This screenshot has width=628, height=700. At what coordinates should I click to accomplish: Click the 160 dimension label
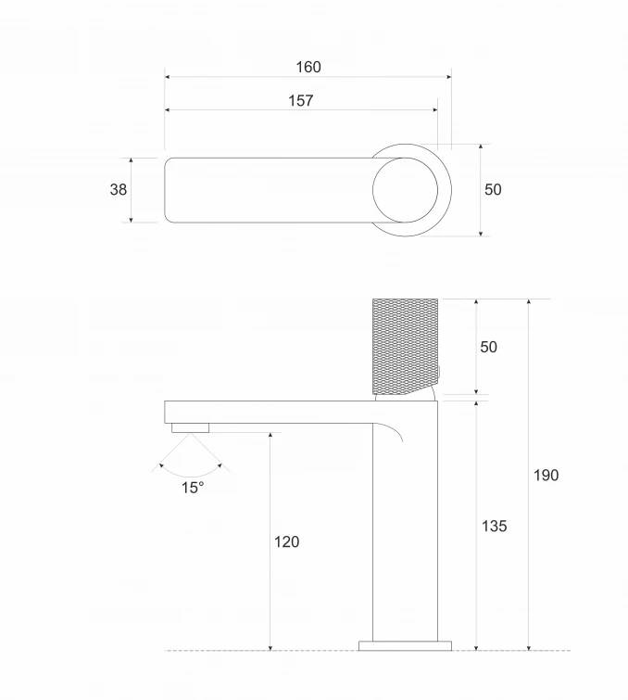(x=308, y=67)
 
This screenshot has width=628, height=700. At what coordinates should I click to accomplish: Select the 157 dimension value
(x=301, y=100)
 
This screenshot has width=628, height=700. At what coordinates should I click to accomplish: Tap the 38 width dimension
(x=119, y=189)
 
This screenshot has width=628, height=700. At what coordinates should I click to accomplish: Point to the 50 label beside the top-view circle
(x=493, y=189)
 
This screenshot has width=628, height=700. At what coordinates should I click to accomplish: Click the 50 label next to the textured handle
(x=488, y=347)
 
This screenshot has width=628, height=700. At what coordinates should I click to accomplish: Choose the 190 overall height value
(x=546, y=475)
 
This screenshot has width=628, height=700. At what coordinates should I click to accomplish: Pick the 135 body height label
(x=495, y=526)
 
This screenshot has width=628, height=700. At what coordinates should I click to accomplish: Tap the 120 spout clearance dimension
(x=286, y=541)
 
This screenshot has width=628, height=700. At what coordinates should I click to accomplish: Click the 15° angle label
(x=193, y=488)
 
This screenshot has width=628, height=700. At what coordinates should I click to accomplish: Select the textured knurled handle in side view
(x=405, y=347)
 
